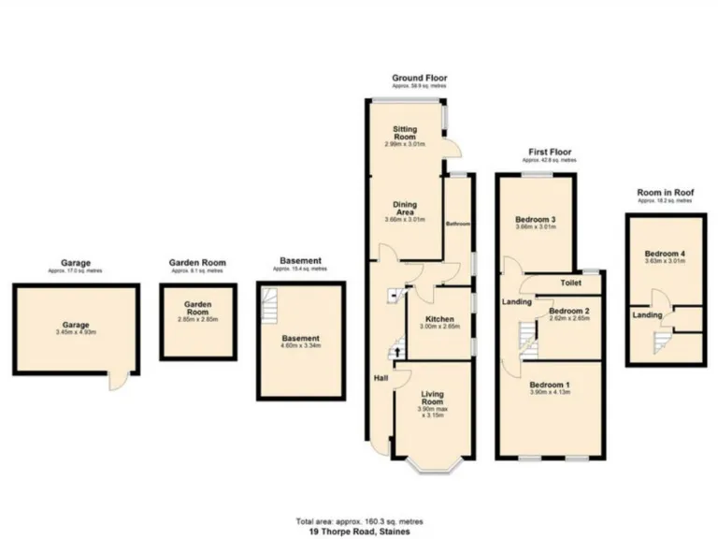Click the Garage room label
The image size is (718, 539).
[x=77, y=326]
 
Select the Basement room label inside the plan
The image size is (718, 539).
[x=302, y=338]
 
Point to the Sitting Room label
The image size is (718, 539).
[x=405, y=133]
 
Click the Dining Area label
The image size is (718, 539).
[x=405, y=209]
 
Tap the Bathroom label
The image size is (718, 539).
[x=456, y=224]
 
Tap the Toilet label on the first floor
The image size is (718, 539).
[x=571, y=282]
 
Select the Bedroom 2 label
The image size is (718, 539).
[x=567, y=311]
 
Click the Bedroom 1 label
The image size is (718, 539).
[x=549, y=386]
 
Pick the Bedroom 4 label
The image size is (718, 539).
[x=665, y=255]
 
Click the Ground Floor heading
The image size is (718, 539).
[x=419, y=78]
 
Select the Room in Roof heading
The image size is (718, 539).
[x=665, y=192]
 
